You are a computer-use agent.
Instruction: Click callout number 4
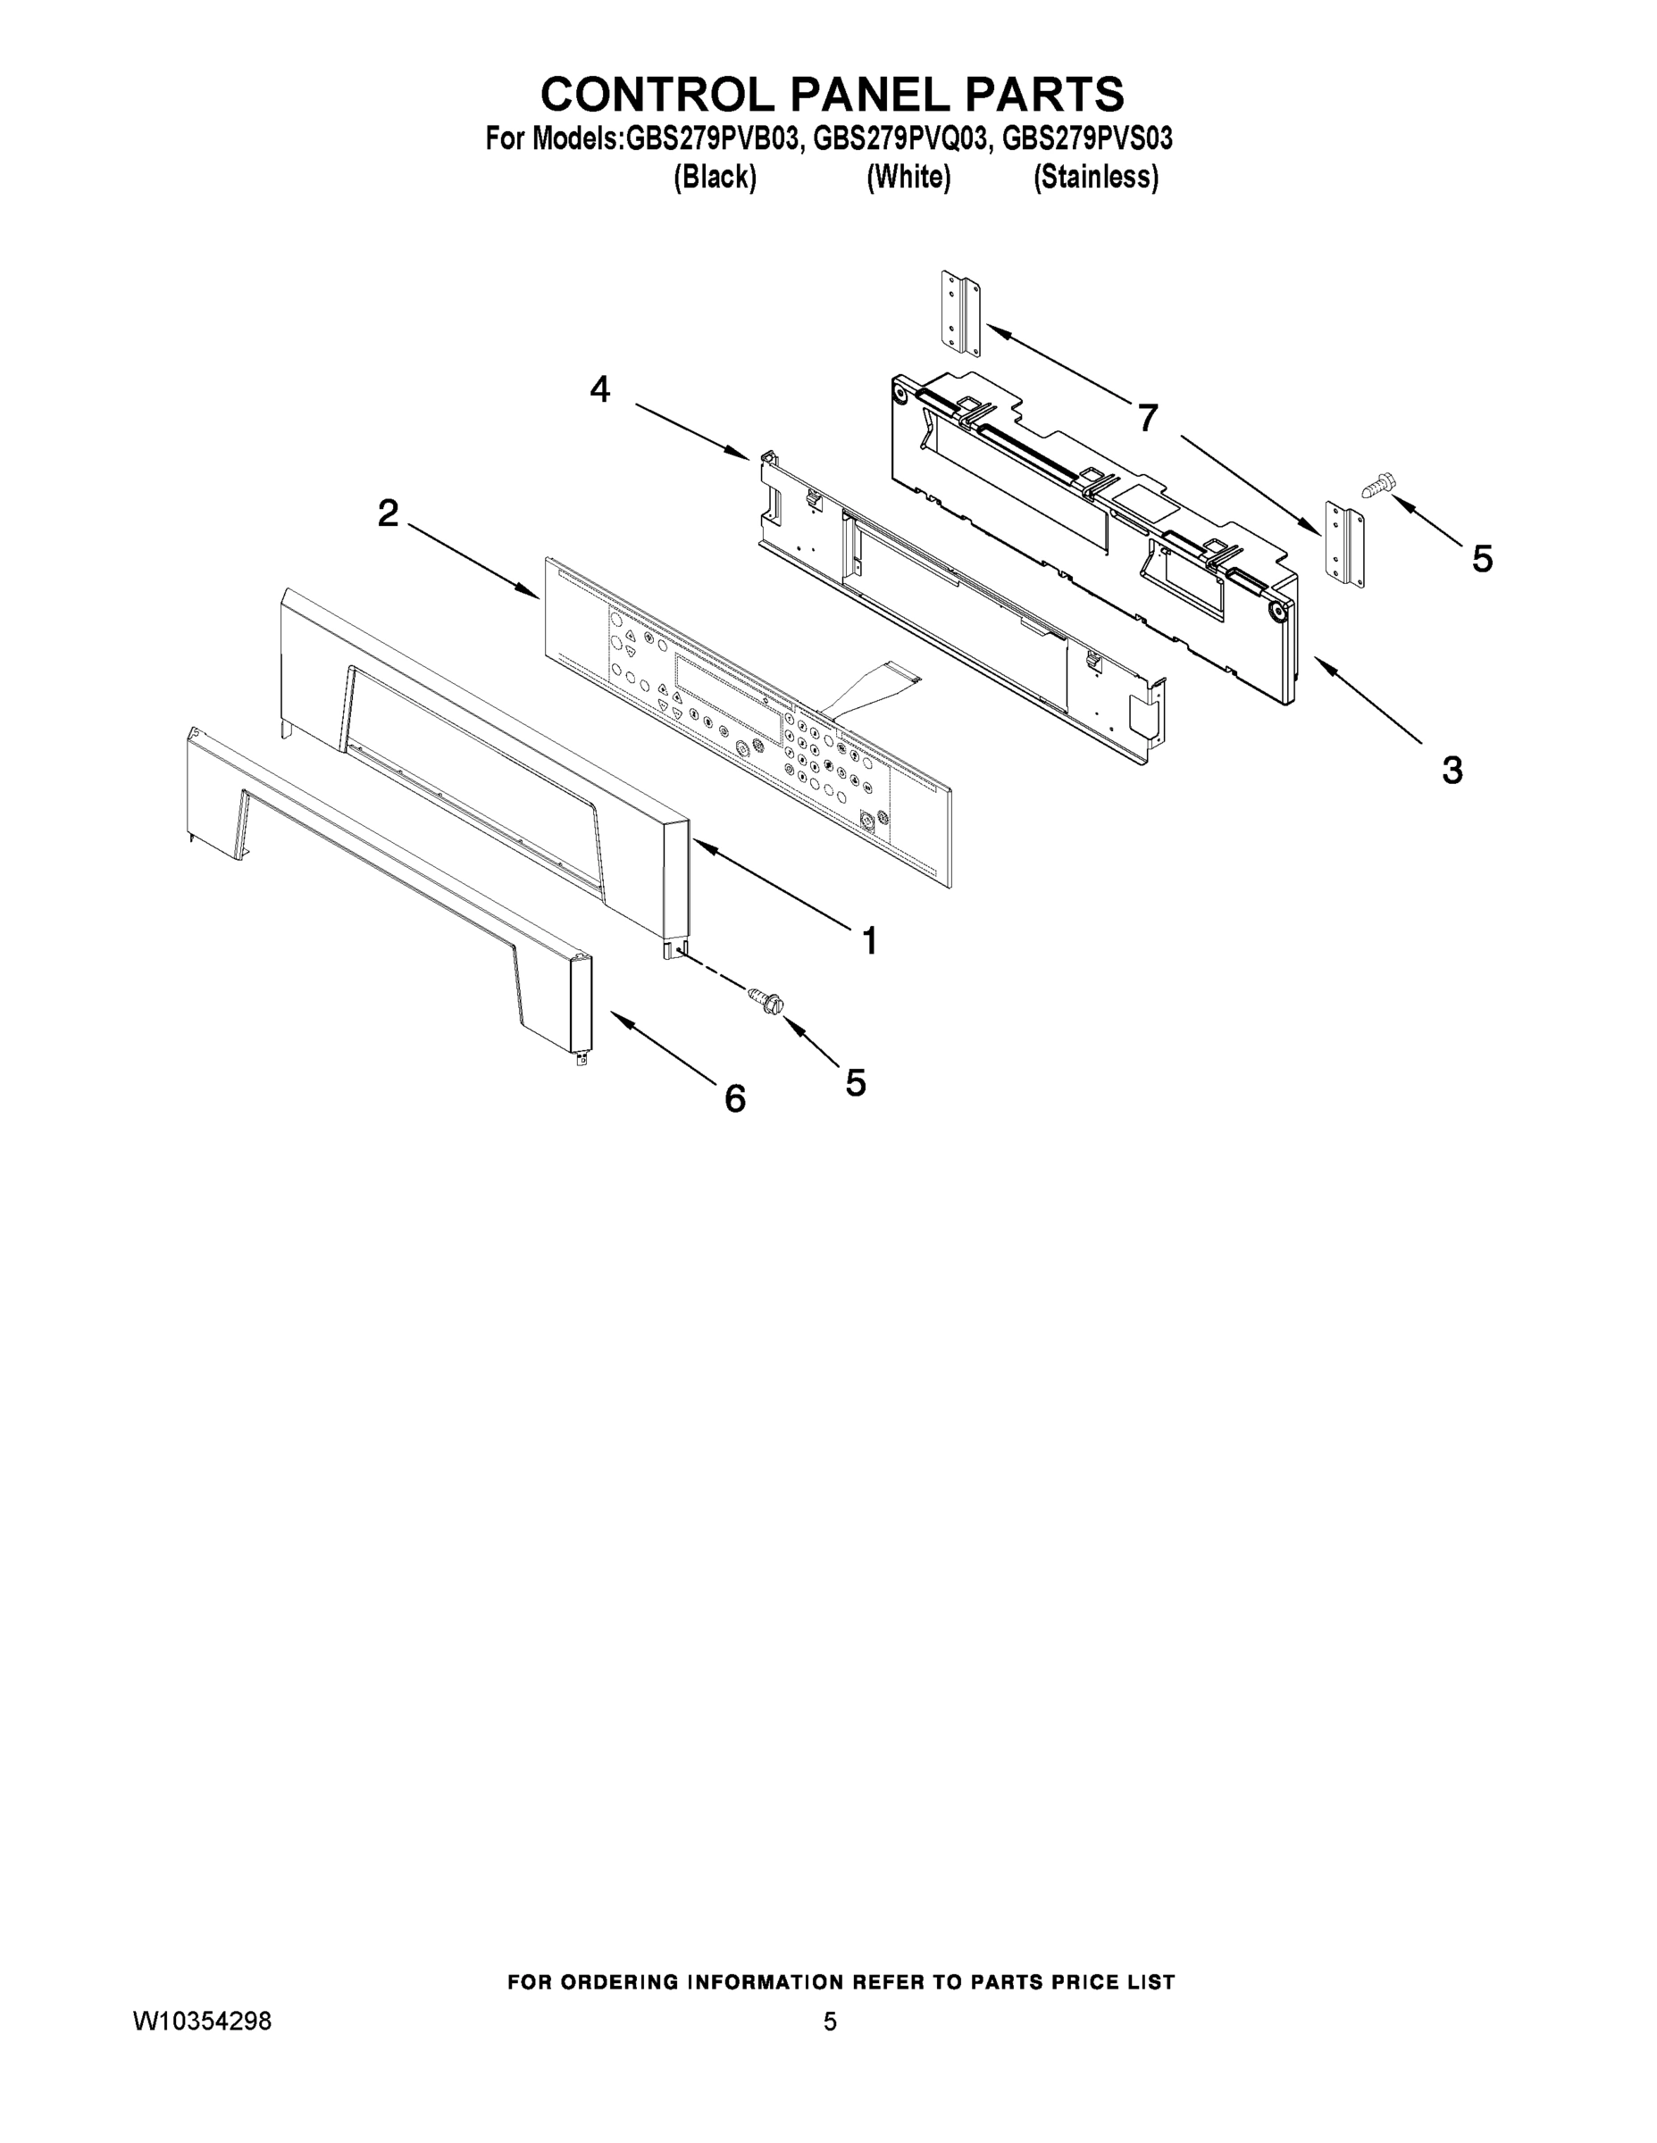599,390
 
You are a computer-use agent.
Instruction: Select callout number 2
389,513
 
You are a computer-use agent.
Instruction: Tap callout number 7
1148,419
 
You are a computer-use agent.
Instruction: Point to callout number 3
1452,771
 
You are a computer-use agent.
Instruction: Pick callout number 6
735,1099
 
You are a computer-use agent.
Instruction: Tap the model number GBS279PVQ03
900,139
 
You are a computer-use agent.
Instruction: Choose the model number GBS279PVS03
1087,139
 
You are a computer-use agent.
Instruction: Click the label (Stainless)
1095,178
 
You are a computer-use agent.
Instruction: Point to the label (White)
908,178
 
